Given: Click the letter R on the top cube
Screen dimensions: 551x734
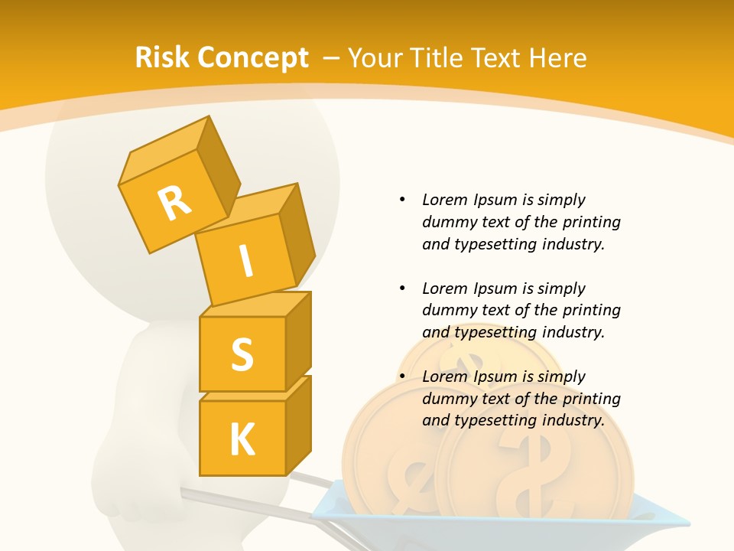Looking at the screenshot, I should tap(174, 204).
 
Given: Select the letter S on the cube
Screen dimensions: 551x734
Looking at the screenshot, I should tap(242, 354).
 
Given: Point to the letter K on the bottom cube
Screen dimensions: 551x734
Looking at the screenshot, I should tap(242, 439).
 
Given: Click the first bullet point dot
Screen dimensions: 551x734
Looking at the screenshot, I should tap(402, 201).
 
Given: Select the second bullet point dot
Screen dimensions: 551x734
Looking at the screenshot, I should tap(402, 289).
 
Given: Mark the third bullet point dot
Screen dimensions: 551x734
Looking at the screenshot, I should tap(402, 377).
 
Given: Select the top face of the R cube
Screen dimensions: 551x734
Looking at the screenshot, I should tap(162, 155).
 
